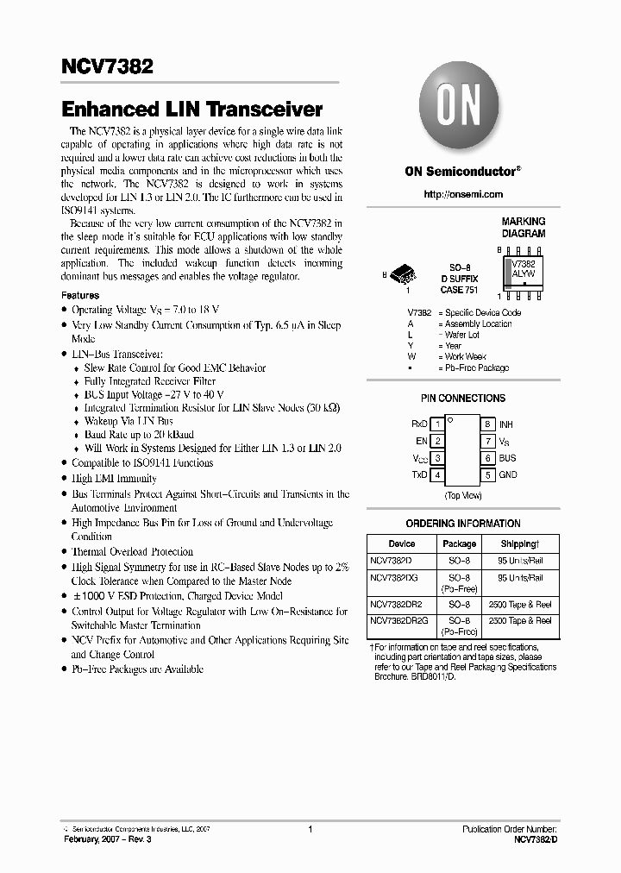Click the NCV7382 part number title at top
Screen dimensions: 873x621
tap(107, 66)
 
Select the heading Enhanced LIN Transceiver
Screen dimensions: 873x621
tap(191, 110)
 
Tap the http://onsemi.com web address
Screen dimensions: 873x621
tap(463, 194)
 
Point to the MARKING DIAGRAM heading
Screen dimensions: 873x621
tap(523, 228)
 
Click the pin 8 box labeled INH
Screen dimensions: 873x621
tap(487, 424)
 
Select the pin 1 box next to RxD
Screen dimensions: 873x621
tap(437, 424)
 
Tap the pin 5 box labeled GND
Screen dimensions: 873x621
tap(487, 474)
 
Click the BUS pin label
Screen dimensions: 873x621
tap(508, 458)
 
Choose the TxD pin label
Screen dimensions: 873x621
tap(419, 474)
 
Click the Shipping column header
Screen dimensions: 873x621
tap(520, 544)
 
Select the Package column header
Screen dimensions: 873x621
tap(459, 544)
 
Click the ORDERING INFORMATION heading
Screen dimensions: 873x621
tap(462, 524)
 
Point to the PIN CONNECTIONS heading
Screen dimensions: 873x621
tap(462, 399)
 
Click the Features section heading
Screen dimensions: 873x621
tap(80, 295)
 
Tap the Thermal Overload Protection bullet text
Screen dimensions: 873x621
tap(132, 551)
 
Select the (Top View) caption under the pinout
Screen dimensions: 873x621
tap(462, 495)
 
